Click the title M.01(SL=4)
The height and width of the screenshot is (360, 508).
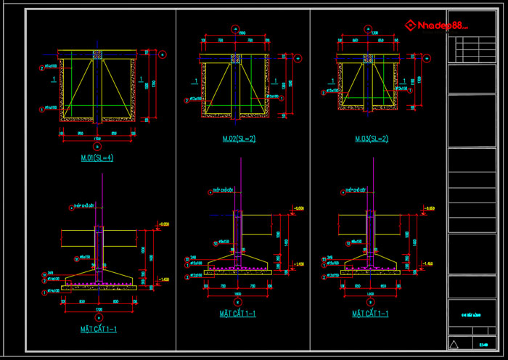[97, 156]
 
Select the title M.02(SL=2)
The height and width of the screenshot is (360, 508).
[239, 139]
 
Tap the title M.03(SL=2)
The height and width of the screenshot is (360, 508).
[371, 139]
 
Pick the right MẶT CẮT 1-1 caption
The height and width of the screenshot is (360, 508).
[370, 314]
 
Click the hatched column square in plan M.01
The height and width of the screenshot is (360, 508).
[97, 55]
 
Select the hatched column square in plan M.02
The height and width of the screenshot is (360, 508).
[234, 59]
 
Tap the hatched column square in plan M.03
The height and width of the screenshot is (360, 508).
[369, 57]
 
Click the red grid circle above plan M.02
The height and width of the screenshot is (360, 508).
[234, 29]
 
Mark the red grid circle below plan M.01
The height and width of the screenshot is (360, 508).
[97, 144]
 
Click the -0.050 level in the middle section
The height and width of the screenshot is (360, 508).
[298, 208]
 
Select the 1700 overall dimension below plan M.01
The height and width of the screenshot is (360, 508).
[97, 139]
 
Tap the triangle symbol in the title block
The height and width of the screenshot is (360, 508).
[454, 344]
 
